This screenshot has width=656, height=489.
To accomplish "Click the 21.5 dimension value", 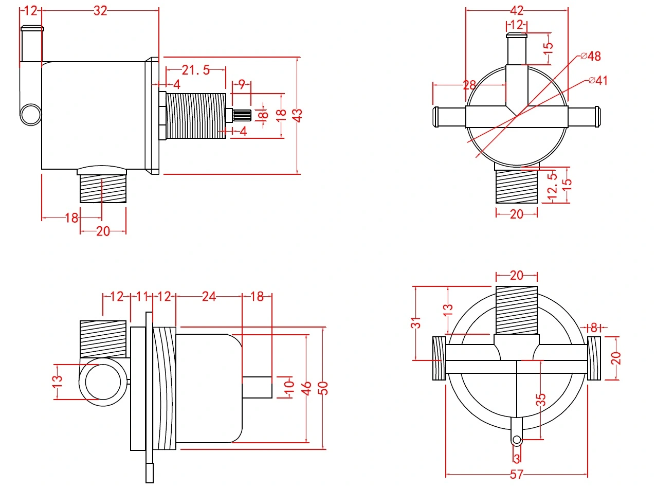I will (x=195, y=70).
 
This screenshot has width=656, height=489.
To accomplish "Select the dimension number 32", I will (x=100, y=10).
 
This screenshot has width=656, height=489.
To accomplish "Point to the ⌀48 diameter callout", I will (x=591, y=56).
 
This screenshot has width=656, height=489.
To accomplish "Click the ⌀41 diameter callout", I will (x=598, y=80).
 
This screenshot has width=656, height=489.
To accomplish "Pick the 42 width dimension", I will (x=517, y=10).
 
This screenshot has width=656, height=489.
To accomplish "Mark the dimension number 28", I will (x=469, y=85).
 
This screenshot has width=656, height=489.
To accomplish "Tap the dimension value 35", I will (x=541, y=400).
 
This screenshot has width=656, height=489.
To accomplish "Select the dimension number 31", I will (x=416, y=322).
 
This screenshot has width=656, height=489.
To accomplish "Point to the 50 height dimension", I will (x=323, y=388).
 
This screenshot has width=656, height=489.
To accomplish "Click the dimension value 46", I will (x=307, y=388).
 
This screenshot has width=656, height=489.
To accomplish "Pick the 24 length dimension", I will (x=209, y=297).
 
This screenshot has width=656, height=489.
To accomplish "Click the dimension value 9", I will (x=241, y=83).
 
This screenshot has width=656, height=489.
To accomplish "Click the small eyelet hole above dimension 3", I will (x=517, y=440).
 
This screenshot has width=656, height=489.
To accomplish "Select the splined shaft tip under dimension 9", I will (x=242, y=115).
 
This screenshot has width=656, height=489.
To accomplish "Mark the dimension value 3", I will (x=517, y=458).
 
